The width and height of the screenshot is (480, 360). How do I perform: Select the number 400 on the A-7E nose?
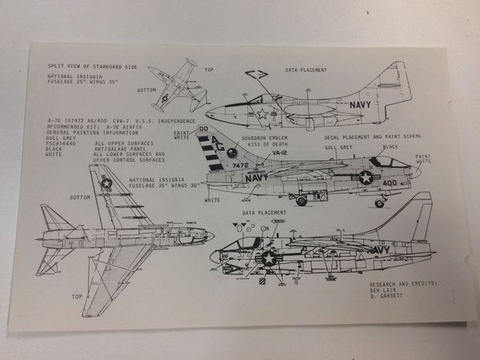(389, 182)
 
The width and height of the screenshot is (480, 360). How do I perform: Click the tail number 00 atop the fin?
(203, 128)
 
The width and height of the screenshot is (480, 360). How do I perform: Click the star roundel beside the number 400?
(366, 177)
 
